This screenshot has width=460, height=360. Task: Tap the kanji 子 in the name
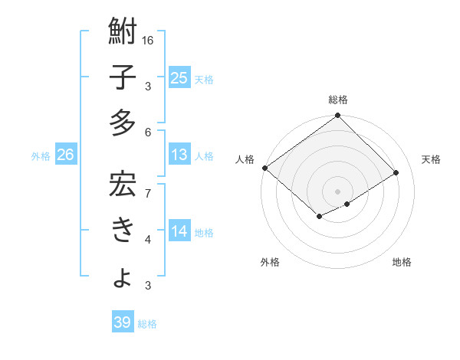pos(123,78)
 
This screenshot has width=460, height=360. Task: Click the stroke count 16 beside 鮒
pos(148,40)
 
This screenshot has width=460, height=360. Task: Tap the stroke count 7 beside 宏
pos(148,185)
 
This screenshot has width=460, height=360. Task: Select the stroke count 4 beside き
pos(148,240)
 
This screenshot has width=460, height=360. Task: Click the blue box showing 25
pos(179,77)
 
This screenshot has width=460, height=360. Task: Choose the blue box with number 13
pos(179,155)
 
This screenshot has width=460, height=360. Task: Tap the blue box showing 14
pos(179,231)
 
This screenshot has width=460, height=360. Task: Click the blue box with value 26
pos(65,155)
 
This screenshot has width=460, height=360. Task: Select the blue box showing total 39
pos(122,322)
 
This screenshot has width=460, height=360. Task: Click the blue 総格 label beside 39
pos(147,324)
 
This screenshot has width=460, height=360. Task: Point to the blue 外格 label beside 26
pos(41,156)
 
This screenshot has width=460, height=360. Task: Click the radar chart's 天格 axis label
pos(432,159)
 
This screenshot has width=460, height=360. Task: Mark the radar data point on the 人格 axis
pos(264,168)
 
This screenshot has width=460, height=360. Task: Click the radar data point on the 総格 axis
pos(337,116)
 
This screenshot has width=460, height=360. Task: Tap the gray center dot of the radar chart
pos(337,191)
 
